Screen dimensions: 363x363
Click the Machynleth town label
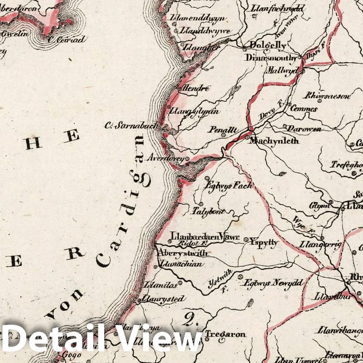point(273,141)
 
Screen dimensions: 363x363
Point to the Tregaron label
point(225,334)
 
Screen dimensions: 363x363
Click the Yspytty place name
point(264,242)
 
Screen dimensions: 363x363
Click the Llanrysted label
point(162,299)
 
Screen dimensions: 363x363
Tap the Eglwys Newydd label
point(267,282)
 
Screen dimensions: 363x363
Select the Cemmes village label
point(304,109)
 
